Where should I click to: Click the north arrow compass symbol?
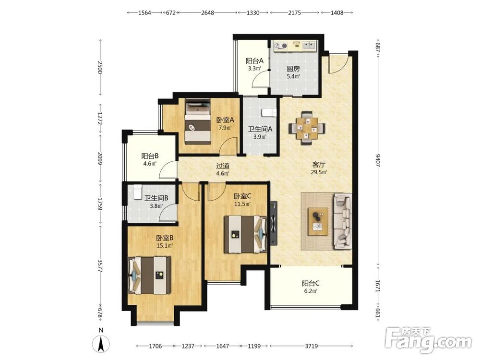point(101,344)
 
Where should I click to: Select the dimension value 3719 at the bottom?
point(311,346)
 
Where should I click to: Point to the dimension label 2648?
point(207,12)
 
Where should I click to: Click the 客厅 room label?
point(319,164)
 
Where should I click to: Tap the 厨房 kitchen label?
point(293,69)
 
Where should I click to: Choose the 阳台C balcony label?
point(311,283)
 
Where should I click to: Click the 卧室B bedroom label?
point(165,238)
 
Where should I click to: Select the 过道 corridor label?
point(223,166)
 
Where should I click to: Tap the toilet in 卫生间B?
point(137,192)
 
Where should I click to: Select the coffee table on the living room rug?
point(318,222)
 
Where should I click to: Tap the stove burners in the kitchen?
point(281,46)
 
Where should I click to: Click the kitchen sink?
point(309,46)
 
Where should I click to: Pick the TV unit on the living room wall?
point(274,223)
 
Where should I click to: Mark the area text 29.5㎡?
point(319,172)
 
